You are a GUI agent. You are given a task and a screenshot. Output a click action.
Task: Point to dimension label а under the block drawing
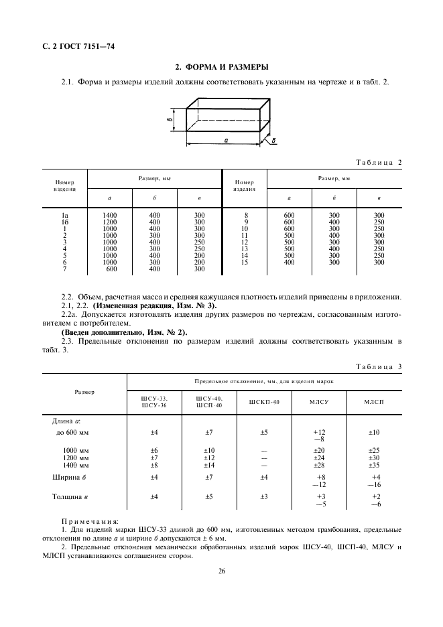[227, 141]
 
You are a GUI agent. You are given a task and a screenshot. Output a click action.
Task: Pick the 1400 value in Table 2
[110, 215]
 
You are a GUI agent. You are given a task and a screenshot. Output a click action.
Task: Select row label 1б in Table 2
[65, 222]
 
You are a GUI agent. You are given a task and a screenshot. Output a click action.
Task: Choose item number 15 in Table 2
[245, 262]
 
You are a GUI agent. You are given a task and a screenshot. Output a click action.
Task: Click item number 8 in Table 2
[246, 215]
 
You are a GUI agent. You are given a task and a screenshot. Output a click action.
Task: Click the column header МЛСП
[374, 402]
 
